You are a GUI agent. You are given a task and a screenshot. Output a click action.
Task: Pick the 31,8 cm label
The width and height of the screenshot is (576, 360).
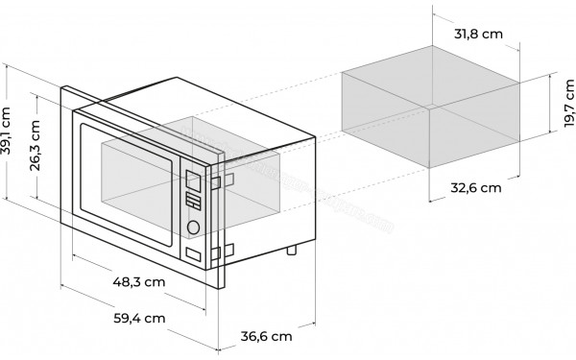point(477,34)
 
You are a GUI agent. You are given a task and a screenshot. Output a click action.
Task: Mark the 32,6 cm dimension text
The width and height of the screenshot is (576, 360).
point(476,187)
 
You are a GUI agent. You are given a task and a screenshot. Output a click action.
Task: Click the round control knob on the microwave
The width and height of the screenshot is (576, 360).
point(193,228)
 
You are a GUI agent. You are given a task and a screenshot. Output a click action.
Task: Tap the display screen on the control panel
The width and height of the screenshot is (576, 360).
point(192,180)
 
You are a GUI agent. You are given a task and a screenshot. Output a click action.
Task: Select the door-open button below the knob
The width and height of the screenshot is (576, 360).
point(194,254)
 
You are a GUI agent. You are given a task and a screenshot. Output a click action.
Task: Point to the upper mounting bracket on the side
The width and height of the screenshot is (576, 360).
point(218,181)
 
